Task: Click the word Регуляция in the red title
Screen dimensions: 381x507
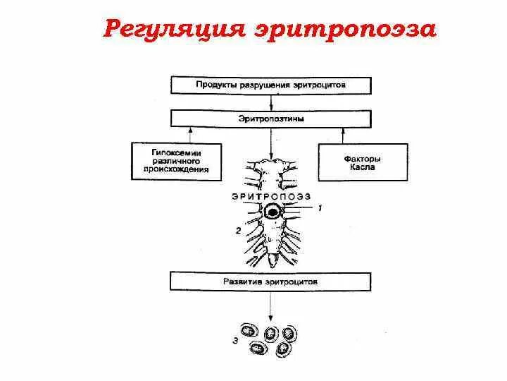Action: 168,30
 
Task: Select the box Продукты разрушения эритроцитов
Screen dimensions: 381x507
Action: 270,85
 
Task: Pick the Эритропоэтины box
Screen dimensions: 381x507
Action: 270,119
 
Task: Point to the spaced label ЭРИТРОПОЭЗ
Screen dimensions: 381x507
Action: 270,195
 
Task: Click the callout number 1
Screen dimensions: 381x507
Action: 319,208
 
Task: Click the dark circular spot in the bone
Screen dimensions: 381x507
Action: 272,210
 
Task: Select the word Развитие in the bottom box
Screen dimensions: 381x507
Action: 244,281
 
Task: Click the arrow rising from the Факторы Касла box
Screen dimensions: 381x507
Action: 344,135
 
